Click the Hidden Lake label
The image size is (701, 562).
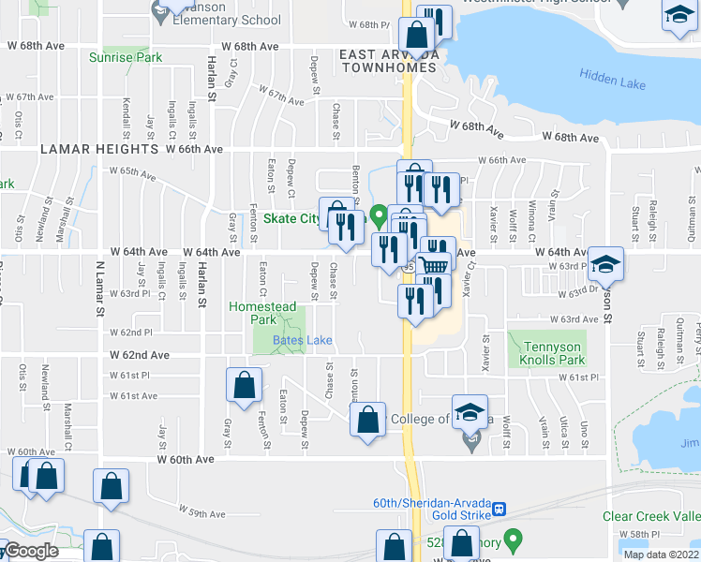coord(612,81)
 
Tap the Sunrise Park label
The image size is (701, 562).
coord(126,58)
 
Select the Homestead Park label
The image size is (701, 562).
coord(263,313)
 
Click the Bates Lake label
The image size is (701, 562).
coord(302,340)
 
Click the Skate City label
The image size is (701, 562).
coord(291,219)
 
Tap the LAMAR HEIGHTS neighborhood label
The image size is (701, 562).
coord(98,149)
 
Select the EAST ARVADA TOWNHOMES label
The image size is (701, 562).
coord(389,61)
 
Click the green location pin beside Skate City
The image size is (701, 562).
coord(379,216)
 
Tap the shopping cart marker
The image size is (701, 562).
coord(433,266)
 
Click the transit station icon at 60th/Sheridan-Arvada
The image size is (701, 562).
coord(500,509)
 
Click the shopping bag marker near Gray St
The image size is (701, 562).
coord(244,384)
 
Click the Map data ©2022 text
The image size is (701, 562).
coord(661,555)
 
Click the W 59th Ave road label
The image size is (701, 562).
coord(203,513)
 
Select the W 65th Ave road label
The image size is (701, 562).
coord(131,171)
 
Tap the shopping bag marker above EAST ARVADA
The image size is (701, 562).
coord(415,36)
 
